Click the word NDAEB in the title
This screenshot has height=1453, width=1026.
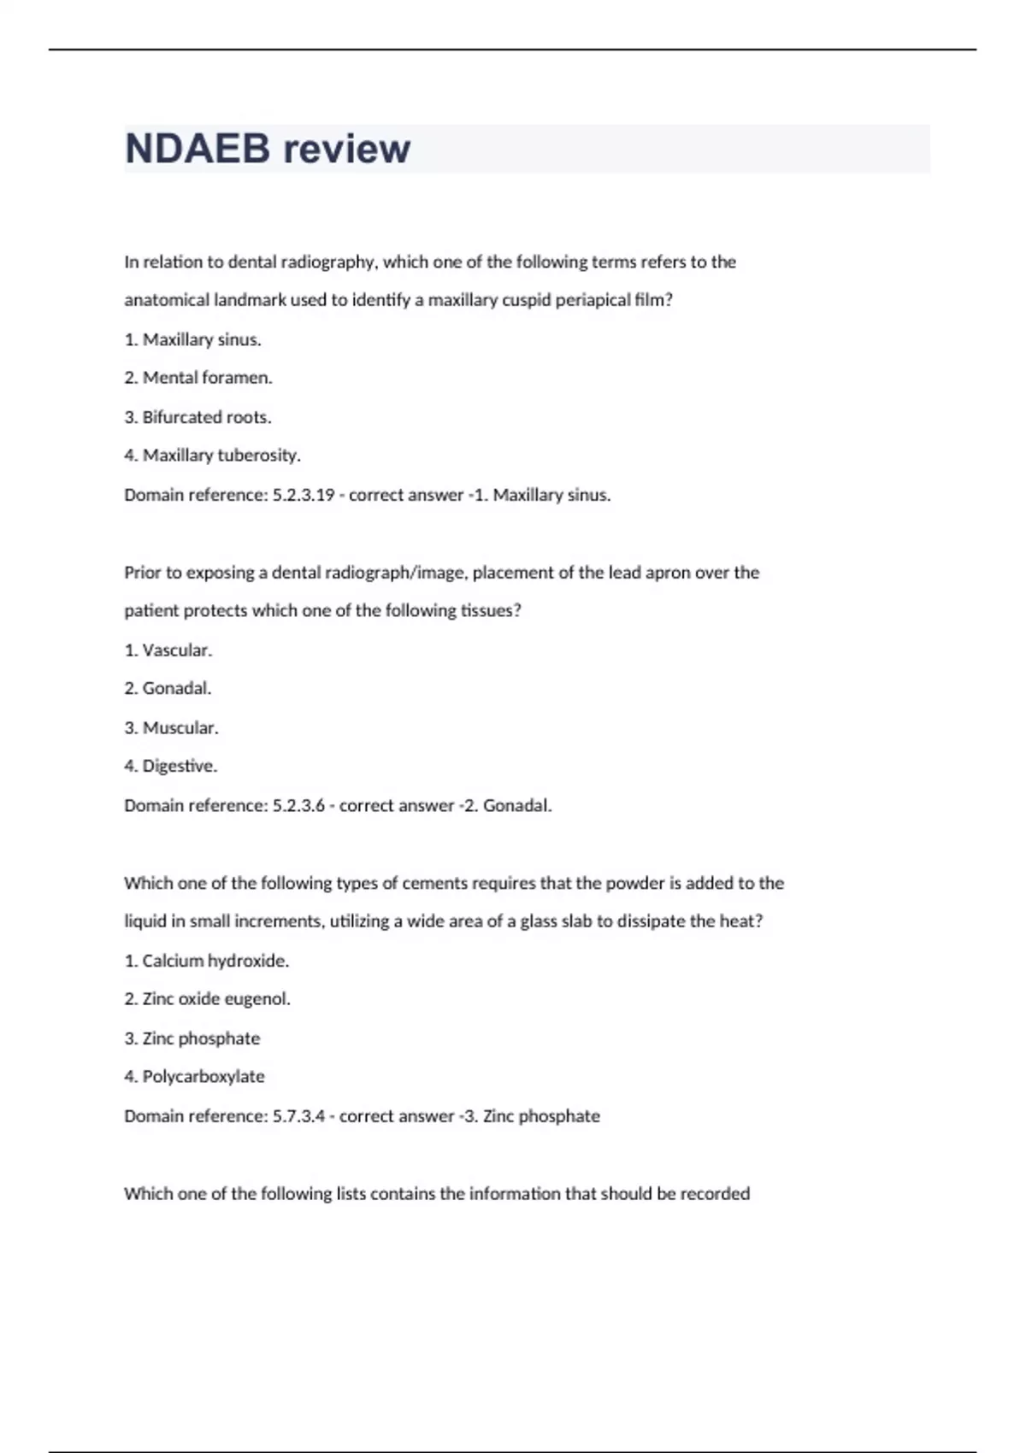(197, 149)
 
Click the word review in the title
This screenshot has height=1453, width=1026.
(346, 149)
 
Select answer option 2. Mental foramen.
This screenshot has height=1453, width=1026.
(198, 378)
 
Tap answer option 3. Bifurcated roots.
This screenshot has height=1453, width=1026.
(198, 417)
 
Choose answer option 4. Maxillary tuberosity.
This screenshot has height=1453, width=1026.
(212, 456)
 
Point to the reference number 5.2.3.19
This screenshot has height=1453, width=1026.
(304, 495)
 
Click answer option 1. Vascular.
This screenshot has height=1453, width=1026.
(168, 650)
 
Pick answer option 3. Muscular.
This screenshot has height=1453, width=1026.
(171, 728)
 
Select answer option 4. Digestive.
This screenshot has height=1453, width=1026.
(170, 766)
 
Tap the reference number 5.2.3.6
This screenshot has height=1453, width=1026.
(298, 805)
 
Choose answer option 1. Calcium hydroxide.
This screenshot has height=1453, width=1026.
(206, 961)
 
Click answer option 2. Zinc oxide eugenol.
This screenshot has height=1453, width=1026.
(207, 999)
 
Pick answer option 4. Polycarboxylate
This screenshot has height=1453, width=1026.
(194, 1077)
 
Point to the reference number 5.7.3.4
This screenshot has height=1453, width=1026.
(298, 1116)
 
